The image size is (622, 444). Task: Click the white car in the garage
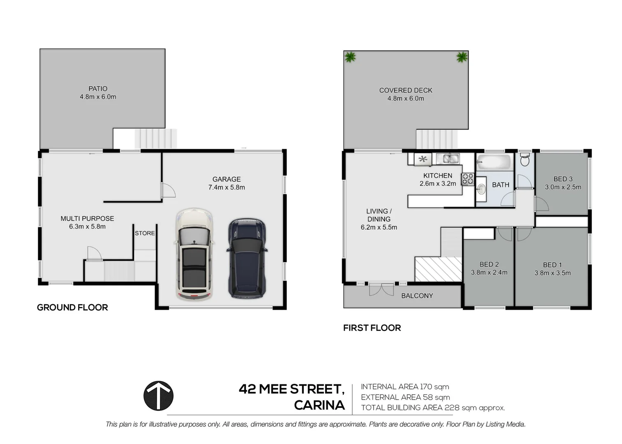[x=194, y=254]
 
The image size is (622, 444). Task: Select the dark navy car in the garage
[x=247, y=258]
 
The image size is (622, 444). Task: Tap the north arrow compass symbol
[x=158, y=395]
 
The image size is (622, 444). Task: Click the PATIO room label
[x=98, y=88]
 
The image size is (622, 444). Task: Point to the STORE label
[x=145, y=233]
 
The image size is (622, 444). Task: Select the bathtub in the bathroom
[x=494, y=162]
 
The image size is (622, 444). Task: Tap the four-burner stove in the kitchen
[x=468, y=179]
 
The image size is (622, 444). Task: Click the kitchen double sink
[x=448, y=158]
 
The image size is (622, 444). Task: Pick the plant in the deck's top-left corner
[x=351, y=57]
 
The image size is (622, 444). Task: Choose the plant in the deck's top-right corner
[x=462, y=57]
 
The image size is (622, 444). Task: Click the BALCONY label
[x=417, y=296]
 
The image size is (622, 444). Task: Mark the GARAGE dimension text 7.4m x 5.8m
[x=227, y=187]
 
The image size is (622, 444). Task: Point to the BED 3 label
[x=563, y=179]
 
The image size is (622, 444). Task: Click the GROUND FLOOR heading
[x=72, y=308]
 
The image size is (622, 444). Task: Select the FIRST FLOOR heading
[x=372, y=328]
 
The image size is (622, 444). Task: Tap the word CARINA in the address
[x=319, y=405]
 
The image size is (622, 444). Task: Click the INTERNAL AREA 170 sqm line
[x=405, y=386]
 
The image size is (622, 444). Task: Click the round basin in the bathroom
[x=481, y=190]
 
